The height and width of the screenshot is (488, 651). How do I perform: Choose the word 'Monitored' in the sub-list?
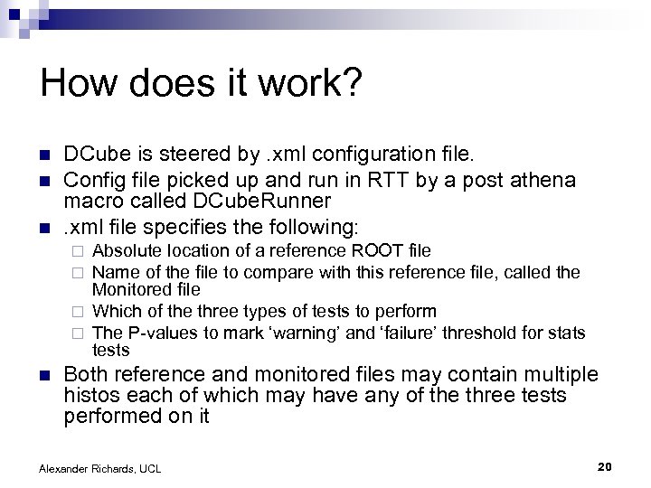tap(129, 291)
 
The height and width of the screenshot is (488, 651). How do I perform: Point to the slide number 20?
tap(606, 465)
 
